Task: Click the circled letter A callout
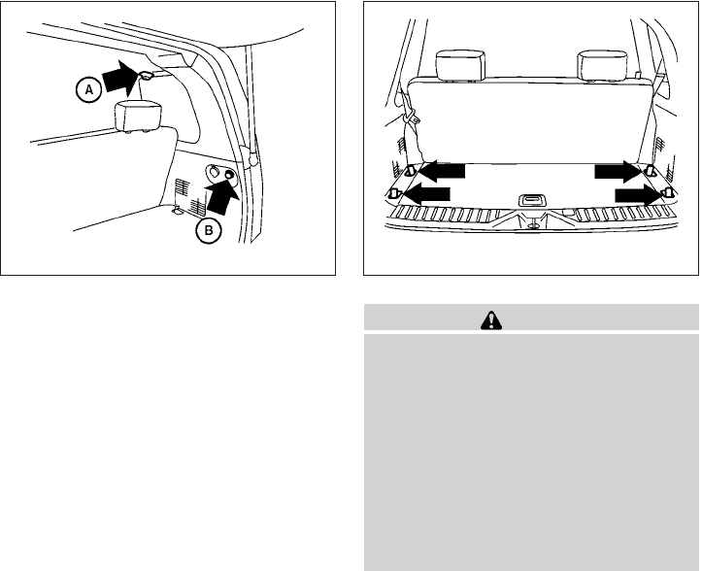coord(89,90)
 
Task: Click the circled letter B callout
coord(209,231)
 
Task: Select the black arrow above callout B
coord(222,197)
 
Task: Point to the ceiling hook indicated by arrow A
coord(147,75)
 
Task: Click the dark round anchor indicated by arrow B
coord(230,176)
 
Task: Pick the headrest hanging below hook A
coord(138,117)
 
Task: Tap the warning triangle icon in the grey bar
coord(491,320)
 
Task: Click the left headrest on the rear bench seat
coord(460,65)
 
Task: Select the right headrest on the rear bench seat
coord(602,66)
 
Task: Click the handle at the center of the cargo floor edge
coord(532,200)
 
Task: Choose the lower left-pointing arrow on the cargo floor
coord(426,194)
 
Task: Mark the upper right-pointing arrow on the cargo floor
coord(619,171)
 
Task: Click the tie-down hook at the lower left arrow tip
coord(393,193)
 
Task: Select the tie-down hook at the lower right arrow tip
coord(668,193)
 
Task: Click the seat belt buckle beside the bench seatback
coord(411,119)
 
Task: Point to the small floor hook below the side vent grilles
coord(177,210)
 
